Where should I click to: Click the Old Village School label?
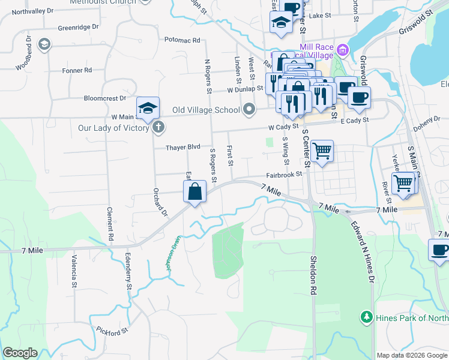pos(206,110)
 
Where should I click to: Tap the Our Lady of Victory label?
pos(113,128)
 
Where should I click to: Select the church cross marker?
pos(158,127)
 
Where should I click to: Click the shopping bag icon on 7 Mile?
pos(195,192)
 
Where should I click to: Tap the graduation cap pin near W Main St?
pos(148,109)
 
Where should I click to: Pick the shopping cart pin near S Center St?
pos(322,151)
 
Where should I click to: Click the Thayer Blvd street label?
pos(183,147)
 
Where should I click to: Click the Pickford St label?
pos(113,330)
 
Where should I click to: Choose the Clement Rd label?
pos(110,224)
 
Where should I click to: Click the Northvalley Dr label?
pos(32,11)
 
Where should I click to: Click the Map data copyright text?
pos(412,355)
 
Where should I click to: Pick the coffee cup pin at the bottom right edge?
pos(439,250)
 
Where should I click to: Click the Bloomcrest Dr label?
pos(105,98)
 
